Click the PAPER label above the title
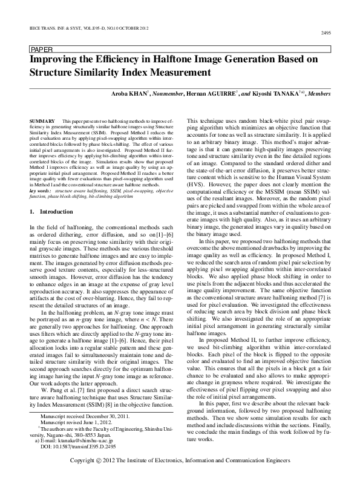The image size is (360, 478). (x=41, y=49)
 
